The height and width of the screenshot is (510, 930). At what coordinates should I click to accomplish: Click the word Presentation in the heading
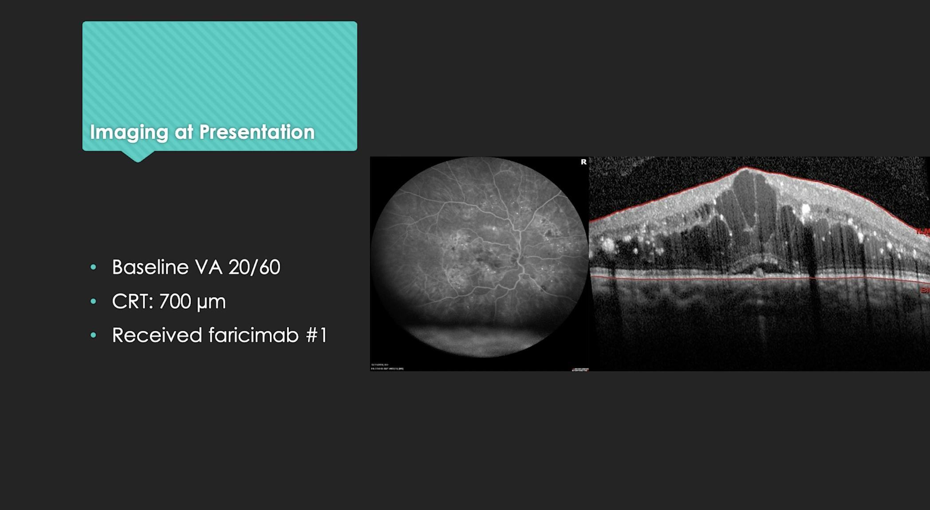pyautogui.click(x=257, y=132)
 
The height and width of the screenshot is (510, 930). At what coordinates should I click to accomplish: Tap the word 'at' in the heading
pyautogui.click(x=183, y=132)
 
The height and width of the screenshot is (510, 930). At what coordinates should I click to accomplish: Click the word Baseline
pyautogui.click(x=150, y=267)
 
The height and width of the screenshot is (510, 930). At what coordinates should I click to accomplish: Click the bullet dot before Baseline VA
pyautogui.click(x=93, y=267)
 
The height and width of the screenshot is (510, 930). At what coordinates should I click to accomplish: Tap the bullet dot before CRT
pyautogui.click(x=93, y=302)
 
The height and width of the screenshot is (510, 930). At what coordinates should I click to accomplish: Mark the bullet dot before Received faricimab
pyautogui.click(x=93, y=335)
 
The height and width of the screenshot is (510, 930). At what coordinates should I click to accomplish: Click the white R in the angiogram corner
pyautogui.click(x=583, y=162)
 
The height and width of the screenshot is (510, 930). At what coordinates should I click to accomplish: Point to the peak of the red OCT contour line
pyautogui.click(x=745, y=167)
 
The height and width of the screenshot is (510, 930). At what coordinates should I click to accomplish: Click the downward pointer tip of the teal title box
pyautogui.click(x=138, y=160)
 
